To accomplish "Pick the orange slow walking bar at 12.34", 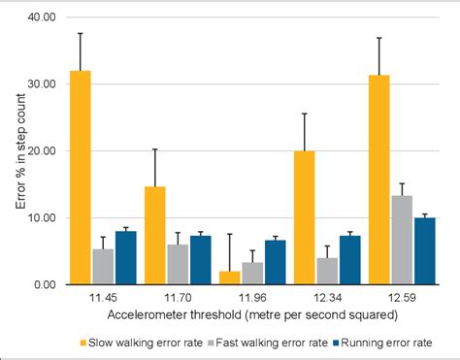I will click(303, 218).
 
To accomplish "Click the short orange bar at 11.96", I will click(229, 278).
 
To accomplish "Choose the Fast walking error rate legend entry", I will click(268, 342).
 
